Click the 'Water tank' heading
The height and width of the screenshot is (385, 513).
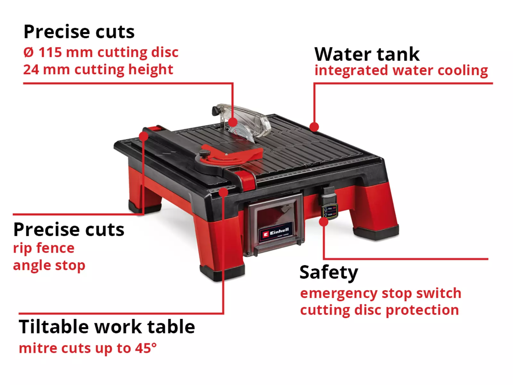tap(367, 54)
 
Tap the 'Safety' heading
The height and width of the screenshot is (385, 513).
tap(329, 272)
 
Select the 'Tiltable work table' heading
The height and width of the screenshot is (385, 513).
tap(107, 327)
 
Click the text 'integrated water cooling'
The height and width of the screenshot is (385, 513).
tap(401, 71)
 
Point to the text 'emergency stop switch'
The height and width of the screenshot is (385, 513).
tap(381, 293)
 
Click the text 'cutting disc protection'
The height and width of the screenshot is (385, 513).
tap(380, 310)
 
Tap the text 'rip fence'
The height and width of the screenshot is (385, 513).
tap(44, 248)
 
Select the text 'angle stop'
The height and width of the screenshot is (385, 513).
tap(49, 266)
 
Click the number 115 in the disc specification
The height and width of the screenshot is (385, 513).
tap(50, 52)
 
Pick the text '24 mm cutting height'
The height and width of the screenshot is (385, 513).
tap(98, 70)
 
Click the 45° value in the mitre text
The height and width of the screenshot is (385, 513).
tap(146, 348)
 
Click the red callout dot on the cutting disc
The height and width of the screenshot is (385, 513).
tap(233, 122)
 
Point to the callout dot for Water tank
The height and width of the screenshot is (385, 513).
tap(314, 127)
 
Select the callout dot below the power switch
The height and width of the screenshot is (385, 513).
tap(324, 222)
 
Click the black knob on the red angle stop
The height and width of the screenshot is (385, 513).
tap(205, 154)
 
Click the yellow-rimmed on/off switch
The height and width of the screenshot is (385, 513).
tap(330, 212)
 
